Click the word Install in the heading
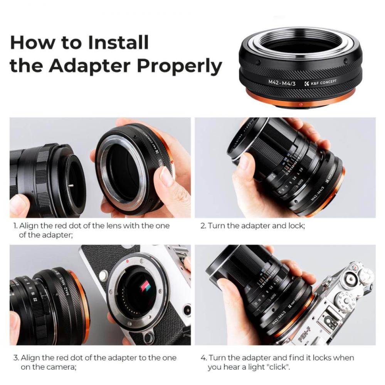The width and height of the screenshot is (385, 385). point(118,42)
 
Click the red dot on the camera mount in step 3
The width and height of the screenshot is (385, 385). point(127,261)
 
